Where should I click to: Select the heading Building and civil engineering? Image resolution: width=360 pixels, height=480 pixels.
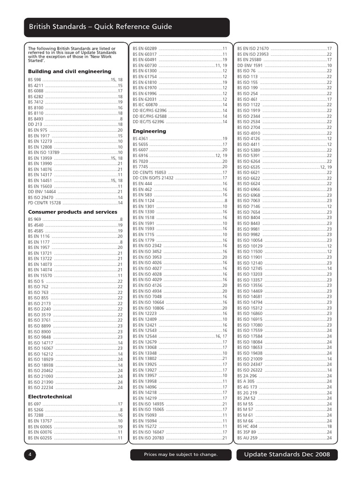click(69, 71)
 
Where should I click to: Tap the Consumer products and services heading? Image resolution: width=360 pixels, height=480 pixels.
click(73, 212)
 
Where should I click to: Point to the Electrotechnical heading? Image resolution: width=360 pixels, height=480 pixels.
click(50, 397)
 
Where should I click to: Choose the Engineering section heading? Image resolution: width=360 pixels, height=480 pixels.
click(149, 131)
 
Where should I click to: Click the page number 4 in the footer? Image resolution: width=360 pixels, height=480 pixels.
click(30, 454)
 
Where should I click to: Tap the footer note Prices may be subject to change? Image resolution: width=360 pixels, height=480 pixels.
click(180, 455)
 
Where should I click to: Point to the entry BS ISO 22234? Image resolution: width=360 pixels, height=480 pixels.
click(40, 388)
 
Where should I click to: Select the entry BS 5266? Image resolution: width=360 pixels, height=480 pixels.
click(35, 410)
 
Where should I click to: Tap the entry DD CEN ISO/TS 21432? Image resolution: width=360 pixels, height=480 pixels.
click(153, 178)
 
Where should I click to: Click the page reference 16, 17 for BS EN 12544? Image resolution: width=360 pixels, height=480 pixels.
click(221, 336)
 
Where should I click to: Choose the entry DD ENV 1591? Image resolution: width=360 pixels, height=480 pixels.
click(250, 66)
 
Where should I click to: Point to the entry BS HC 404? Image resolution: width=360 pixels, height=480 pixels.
click(247, 427)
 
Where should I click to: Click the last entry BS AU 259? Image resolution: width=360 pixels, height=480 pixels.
click(247, 438)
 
